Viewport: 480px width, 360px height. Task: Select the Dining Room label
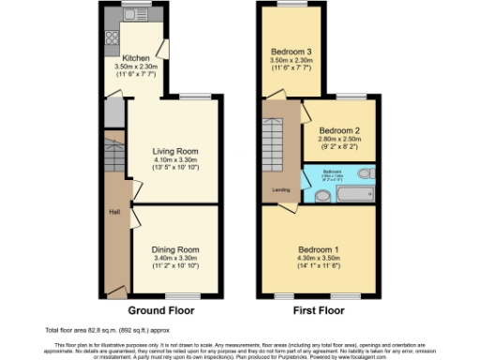(175, 249)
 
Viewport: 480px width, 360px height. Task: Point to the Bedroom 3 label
(292, 51)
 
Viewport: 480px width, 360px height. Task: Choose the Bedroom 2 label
(338, 131)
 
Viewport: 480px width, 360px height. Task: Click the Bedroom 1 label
(319, 250)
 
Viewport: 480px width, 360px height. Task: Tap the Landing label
(280, 190)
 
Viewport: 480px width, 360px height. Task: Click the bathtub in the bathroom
(353, 194)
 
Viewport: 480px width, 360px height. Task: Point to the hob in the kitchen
(112, 39)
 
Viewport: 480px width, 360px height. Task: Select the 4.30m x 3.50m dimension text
(319, 259)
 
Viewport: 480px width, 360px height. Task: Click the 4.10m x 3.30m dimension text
(175, 159)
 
